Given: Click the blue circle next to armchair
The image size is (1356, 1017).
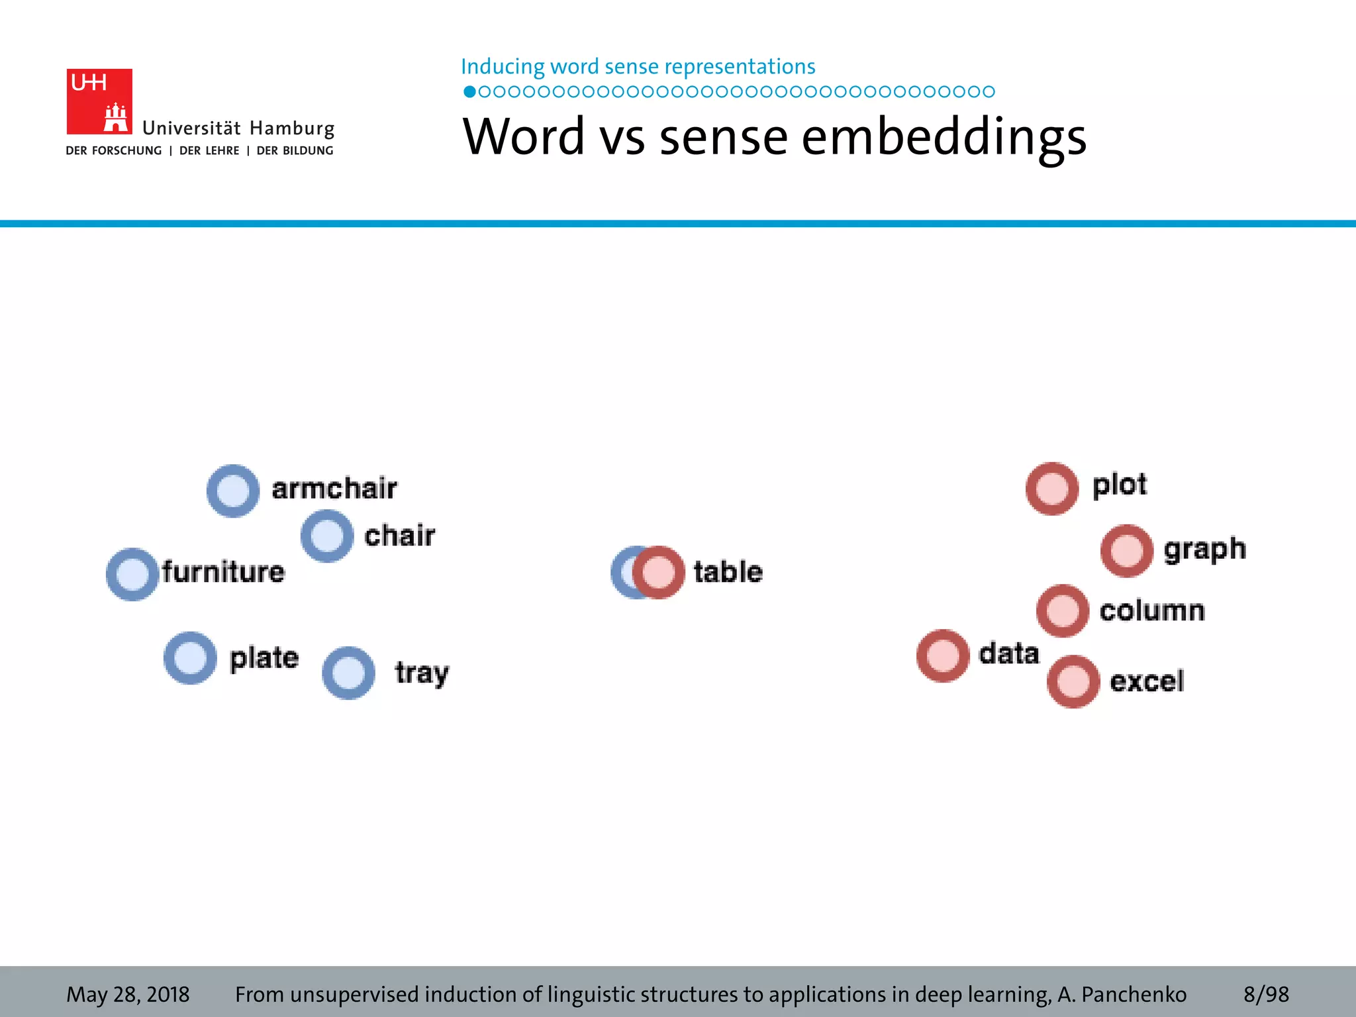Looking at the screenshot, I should [x=233, y=491].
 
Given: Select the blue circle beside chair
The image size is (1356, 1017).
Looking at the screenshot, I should [x=327, y=536].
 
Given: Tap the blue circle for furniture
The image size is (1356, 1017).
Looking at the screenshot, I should [x=132, y=574].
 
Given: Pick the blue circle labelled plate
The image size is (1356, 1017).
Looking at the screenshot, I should [x=190, y=657].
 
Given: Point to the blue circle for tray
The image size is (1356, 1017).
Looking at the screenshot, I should [x=349, y=673].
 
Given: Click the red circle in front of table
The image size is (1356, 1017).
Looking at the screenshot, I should [x=659, y=572].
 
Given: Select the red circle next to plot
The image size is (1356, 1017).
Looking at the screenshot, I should [x=1052, y=489].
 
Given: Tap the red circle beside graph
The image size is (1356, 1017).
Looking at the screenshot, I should [x=1127, y=551].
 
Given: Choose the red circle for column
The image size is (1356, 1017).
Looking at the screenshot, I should [x=1063, y=610].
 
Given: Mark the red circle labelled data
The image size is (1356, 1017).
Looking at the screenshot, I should [x=943, y=655].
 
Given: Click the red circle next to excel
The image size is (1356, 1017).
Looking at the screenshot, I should [x=1073, y=681].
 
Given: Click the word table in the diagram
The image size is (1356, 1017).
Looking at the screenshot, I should [x=728, y=571].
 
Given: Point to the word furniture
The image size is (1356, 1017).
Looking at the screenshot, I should [x=223, y=571].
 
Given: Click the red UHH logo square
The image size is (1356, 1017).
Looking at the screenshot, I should [x=99, y=101].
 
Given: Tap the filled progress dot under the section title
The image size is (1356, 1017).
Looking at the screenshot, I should [x=469, y=91].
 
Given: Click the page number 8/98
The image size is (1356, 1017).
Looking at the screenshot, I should [x=1266, y=994].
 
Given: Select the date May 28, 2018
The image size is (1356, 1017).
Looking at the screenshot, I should [x=128, y=994].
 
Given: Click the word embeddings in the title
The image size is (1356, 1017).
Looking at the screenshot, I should [x=944, y=137].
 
